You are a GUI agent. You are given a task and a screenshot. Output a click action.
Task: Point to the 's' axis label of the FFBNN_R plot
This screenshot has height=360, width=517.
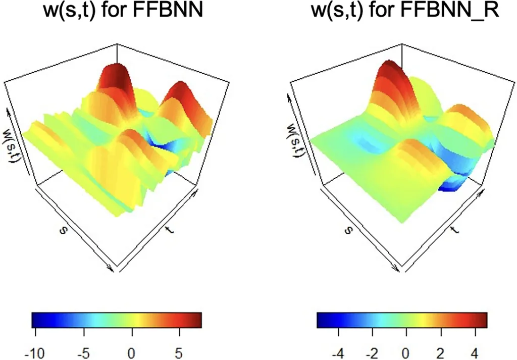(348, 230)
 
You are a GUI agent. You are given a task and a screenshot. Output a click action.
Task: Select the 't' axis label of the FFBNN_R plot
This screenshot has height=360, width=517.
(454, 230)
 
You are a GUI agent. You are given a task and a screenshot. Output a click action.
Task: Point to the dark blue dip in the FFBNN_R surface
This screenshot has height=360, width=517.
(451, 187)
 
